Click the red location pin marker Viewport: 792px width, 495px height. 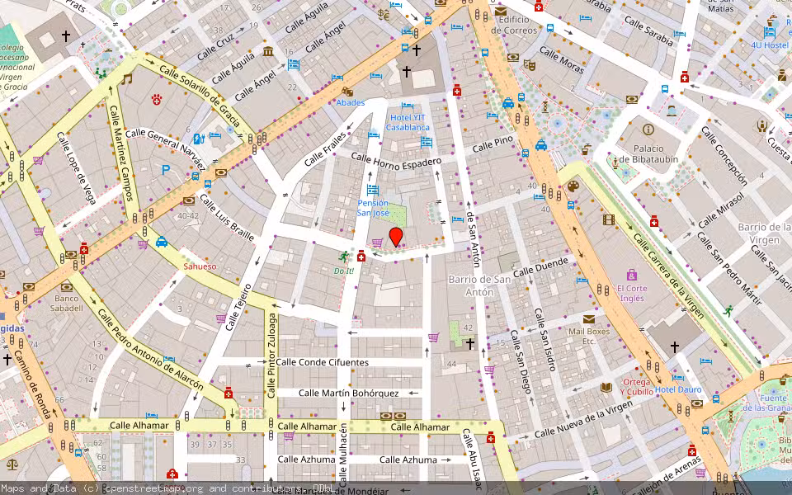point(396,237)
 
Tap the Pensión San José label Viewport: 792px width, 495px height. point(372,207)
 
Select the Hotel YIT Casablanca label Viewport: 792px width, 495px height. point(408,122)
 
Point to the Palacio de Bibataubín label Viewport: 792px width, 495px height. point(648,153)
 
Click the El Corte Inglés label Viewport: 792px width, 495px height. point(632,294)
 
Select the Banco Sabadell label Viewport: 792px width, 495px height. point(68,303)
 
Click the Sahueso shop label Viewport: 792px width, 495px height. point(200,266)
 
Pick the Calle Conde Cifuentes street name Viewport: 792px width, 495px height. point(323,361)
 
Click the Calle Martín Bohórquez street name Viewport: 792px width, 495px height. point(349,394)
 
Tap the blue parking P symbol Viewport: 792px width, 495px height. point(166,170)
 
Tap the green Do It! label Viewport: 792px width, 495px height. point(343,271)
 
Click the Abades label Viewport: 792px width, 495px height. point(350,103)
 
